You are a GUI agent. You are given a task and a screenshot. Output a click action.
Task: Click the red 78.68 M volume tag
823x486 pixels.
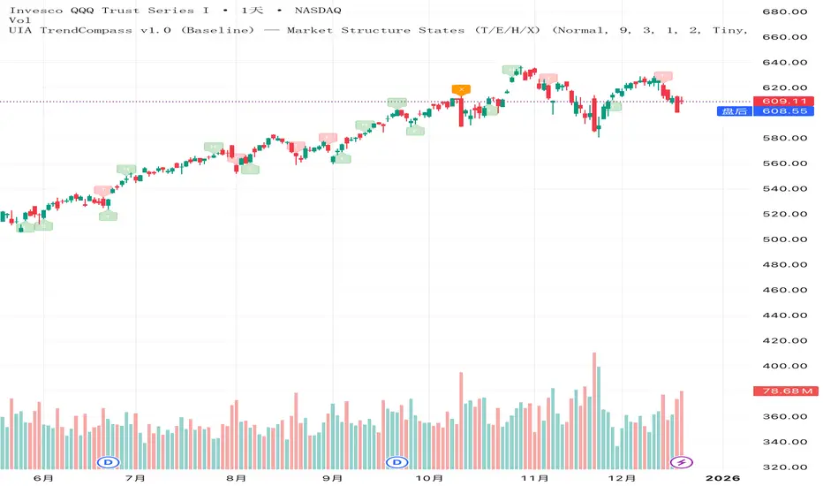pyautogui.click(x=782, y=391)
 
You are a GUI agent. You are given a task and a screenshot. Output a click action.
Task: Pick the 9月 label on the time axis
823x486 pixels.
pyautogui.click(x=333, y=478)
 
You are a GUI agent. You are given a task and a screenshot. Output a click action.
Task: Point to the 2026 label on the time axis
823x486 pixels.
pyautogui.click(x=722, y=478)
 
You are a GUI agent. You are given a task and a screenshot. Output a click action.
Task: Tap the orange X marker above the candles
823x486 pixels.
pyautogui.click(x=460, y=89)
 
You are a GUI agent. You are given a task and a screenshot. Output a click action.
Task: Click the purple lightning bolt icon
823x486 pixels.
pyautogui.click(x=681, y=462)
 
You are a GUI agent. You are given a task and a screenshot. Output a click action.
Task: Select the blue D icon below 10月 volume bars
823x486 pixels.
pyautogui.click(x=396, y=462)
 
